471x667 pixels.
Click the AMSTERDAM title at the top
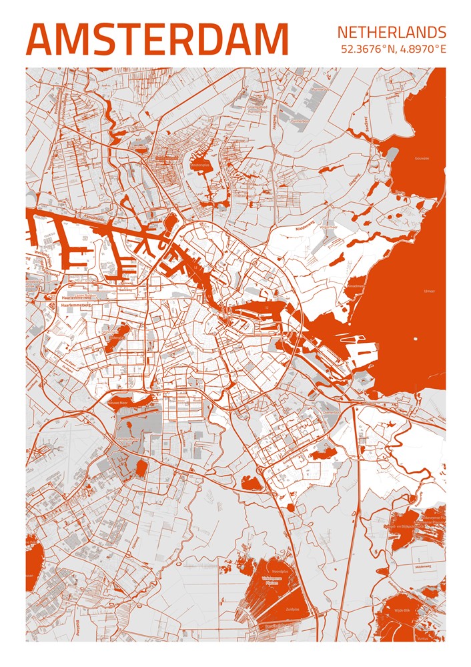click(x=157, y=39)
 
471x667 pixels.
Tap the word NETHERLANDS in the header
click(x=391, y=32)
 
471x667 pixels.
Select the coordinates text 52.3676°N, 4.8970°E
click(x=393, y=49)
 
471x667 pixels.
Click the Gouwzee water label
click(x=421, y=159)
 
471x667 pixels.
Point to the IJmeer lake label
click(x=429, y=291)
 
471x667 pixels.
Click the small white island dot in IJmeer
click(x=415, y=337)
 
